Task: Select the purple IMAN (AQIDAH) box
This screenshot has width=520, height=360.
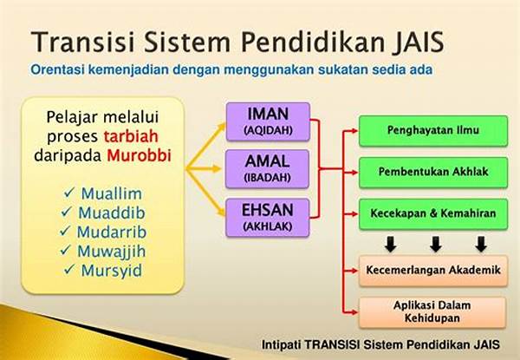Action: (268, 121)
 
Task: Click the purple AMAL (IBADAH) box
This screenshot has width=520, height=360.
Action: (267, 169)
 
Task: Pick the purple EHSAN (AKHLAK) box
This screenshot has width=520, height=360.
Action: (267, 218)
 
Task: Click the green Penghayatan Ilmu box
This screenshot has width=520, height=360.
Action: (433, 131)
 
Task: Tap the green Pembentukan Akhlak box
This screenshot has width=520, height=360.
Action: (433, 173)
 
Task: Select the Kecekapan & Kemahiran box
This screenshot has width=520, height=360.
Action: (433, 214)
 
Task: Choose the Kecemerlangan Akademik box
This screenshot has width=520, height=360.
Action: (433, 271)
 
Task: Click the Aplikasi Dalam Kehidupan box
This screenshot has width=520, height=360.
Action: (432, 312)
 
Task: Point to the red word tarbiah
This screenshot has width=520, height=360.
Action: (131, 136)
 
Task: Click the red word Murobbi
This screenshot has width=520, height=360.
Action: (139, 155)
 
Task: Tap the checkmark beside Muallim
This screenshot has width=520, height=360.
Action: (69, 192)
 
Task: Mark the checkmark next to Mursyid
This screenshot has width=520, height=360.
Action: (69, 269)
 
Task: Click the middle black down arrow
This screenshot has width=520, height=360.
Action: (435, 245)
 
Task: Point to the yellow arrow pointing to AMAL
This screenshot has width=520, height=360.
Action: (203, 169)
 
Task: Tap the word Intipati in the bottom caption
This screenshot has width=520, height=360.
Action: (281, 344)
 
